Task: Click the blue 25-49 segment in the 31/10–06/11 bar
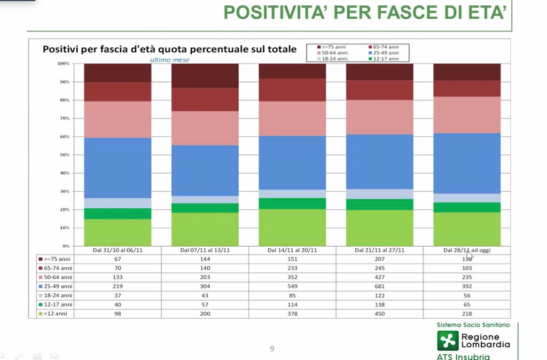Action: pyautogui.click(x=118, y=168)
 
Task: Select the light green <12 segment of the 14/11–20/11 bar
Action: pyautogui.click(x=292, y=228)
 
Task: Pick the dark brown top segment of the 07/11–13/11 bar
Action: pyautogui.click(x=205, y=75)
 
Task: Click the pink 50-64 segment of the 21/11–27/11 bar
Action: pyautogui.click(x=380, y=117)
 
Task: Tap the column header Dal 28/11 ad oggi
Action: pyautogui.click(x=466, y=250)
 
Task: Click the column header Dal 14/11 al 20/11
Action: pyautogui.click(x=292, y=250)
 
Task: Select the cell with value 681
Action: pyautogui.click(x=380, y=286)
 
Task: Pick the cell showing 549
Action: pyautogui.click(x=292, y=286)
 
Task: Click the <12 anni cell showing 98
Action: pyautogui.click(x=118, y=314)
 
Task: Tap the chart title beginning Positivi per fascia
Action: pyautogui.click(x=169, y=50)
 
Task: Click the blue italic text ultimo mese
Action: pyautogui.click(x=169, y=60)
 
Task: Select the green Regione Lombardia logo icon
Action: pyautogui.click(x=448, y=341)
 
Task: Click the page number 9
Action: pyautogui.click(x=272, y=349)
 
